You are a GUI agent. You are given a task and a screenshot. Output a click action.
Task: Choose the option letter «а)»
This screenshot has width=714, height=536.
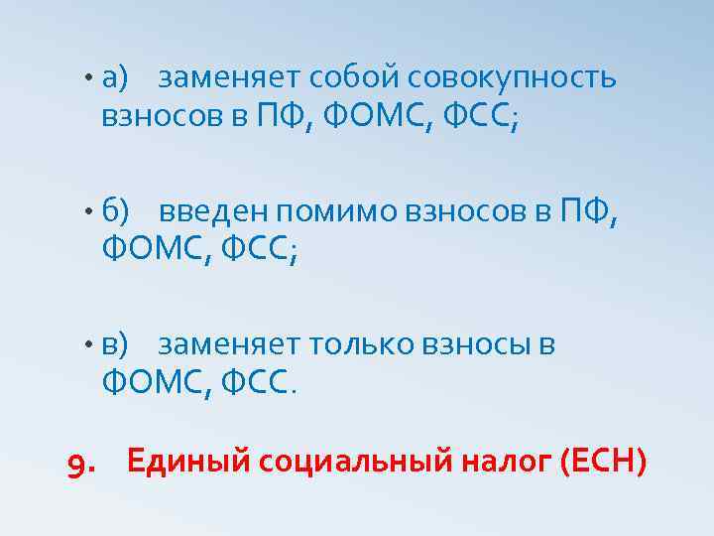click(116, 76)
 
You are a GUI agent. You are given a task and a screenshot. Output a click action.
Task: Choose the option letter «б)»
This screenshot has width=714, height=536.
click(116, 210)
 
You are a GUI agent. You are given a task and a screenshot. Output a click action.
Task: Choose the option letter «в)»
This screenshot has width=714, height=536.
click(115, 344)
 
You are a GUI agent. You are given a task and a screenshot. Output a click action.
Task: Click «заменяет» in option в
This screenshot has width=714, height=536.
click(229, 344)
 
